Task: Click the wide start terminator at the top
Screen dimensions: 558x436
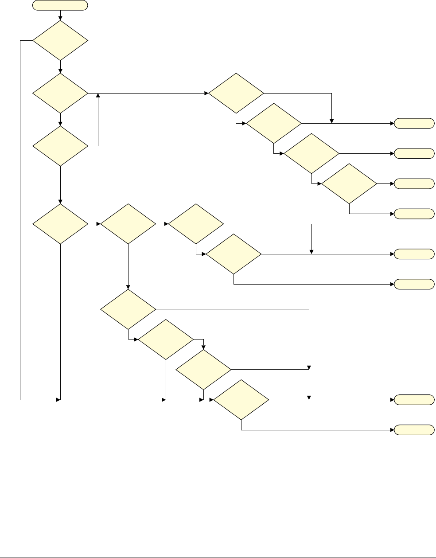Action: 60,6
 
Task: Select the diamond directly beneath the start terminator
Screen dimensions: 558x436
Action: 60,40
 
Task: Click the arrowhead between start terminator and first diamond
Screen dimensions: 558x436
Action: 60,18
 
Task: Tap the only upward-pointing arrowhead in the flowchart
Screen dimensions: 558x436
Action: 97,95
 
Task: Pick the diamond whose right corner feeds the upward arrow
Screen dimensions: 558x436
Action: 60,146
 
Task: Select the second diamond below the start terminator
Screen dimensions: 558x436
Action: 60,94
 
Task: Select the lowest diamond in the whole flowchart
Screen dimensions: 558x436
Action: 241,400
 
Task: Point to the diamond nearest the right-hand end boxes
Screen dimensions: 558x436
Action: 349,183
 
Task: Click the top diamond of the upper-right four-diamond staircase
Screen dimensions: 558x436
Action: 236,94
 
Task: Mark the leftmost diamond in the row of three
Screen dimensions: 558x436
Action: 60,224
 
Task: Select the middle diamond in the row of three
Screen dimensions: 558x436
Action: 128,224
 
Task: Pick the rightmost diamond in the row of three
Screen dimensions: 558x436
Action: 196,224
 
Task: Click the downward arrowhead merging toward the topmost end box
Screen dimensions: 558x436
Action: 331,121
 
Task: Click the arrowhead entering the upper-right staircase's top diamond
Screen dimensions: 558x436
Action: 207,94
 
